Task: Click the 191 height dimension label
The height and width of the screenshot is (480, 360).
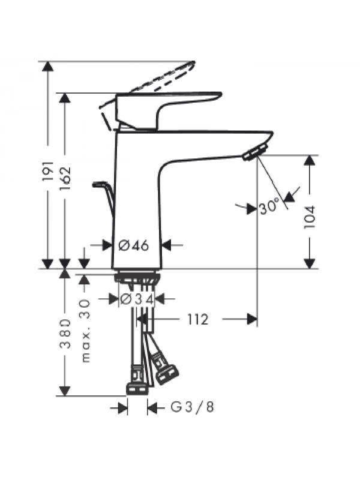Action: pos(48,171)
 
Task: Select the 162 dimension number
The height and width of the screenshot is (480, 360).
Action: pos(65,178)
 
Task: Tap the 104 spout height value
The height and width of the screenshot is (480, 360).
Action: pos(310,217)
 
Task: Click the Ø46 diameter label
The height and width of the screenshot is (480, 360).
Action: pos(133,245)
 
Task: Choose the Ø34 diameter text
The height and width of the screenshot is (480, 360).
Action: pos(137,299)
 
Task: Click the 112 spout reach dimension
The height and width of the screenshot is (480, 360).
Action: pos(197,320)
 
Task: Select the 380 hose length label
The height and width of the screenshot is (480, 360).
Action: pos(65,334)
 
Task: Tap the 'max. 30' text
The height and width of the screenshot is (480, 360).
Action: pos(86,331)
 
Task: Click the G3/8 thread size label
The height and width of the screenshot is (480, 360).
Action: pos(192,407)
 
